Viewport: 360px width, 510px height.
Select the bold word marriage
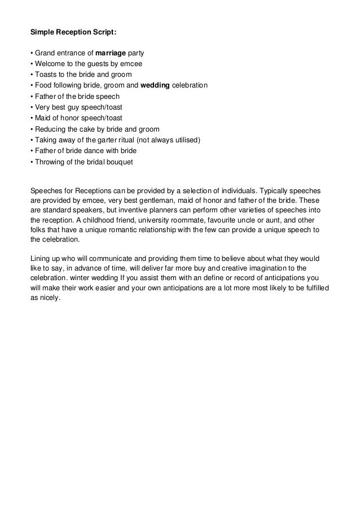pyautogui.click(x=112, y=54)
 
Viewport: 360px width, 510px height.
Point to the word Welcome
pyautogui.click(x=47, y=64)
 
